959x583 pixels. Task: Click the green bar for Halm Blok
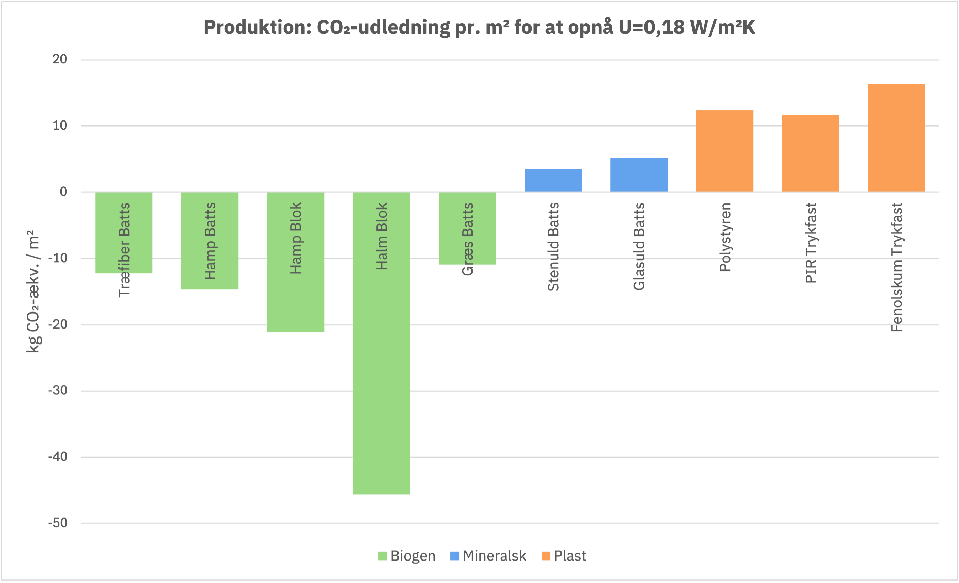click(381, 343)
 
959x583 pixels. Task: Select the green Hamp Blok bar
click(295, 262)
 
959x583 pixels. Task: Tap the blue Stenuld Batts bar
click(553, 180)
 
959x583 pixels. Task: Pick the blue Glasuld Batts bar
click(639, 175)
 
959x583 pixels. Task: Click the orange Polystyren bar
click(725, 151)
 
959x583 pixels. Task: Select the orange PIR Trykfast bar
click(810, 153)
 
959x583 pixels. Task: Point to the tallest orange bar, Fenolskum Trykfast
click(896, 138)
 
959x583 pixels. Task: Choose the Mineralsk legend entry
click(488, 556)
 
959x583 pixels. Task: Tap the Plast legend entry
click(564, 556)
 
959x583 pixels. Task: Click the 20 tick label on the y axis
click(59, 59)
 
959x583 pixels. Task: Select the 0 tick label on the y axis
click(63, 192)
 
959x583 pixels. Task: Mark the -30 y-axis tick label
click(58, 391)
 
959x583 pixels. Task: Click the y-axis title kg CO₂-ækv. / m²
click(33, 291)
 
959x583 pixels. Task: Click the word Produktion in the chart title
click(257, 27)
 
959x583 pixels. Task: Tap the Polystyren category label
click(725, 237)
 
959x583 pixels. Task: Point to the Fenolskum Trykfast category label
click(897, 267)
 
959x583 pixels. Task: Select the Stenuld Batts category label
click(553, 247)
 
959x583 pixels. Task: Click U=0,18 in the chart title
click(651, 27)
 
